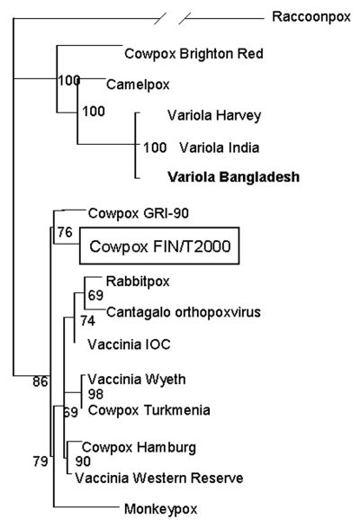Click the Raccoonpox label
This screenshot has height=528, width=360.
point(311,17)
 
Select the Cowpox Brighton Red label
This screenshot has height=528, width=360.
point(193,54)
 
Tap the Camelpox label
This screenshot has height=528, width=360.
point(138,85)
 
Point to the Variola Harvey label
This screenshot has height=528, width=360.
point(214,115)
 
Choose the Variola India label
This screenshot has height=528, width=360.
point(220,148)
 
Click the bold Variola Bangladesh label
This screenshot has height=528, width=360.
point(234,177)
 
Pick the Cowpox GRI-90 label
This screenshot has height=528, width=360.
point(139,213)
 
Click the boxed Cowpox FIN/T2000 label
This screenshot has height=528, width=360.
point(159,246)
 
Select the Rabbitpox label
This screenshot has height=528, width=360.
point(138,282)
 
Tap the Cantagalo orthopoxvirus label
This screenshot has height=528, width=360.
point(184,312)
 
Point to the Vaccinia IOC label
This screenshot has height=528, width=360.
point(129,345)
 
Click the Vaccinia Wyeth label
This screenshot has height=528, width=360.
point(137,380)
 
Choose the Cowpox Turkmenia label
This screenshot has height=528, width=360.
point(149,410)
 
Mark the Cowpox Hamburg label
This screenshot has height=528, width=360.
point(139,448)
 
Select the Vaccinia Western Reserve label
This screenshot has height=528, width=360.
point(159,479)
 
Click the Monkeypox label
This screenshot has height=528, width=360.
point(161,509)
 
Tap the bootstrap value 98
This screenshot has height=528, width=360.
point(95,394)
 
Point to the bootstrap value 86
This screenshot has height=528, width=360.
point(40,382)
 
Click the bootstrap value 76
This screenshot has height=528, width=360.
point(65,232)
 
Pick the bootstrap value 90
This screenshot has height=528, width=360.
point(83,461)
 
